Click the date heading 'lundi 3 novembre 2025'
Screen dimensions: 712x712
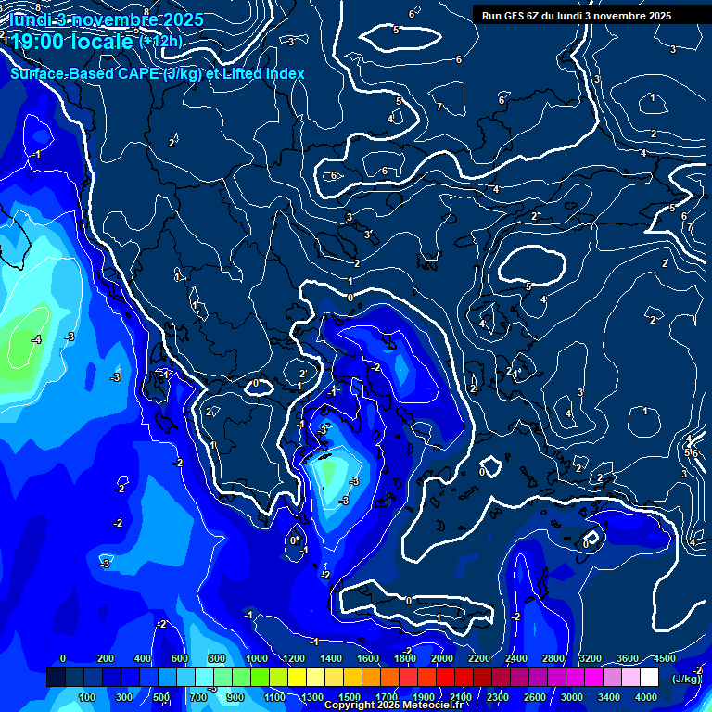click(96, 20)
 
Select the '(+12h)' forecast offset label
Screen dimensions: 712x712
click(159, 42)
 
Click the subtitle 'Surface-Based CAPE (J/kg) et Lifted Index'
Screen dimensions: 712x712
click(158, 73)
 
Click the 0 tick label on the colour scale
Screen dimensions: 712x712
click(63, 658)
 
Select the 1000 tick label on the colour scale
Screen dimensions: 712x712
click(257, 658)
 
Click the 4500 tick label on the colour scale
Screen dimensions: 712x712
click(664, 658)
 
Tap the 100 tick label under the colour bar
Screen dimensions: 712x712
click(87, 697)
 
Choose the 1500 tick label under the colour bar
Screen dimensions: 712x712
click(350, 697)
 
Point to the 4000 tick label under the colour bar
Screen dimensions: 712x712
click(646, 697)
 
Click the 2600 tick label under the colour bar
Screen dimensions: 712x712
click(535, 697)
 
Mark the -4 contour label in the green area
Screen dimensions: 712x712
click(36, 340)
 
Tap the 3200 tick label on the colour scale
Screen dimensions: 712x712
click(591, 658)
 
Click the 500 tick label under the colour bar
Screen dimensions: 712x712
click(161, 697)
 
